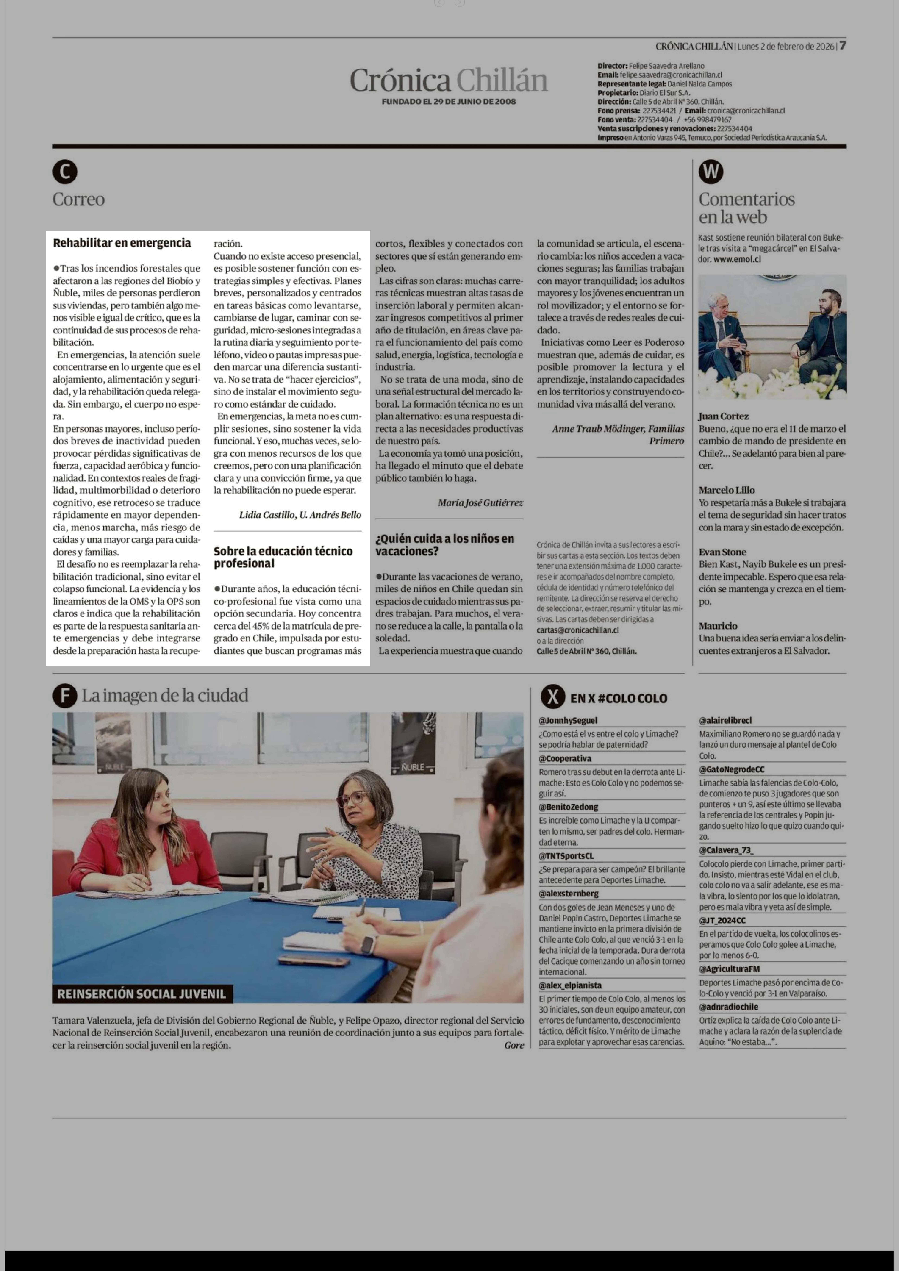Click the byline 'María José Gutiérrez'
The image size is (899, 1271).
click(480, 503)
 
